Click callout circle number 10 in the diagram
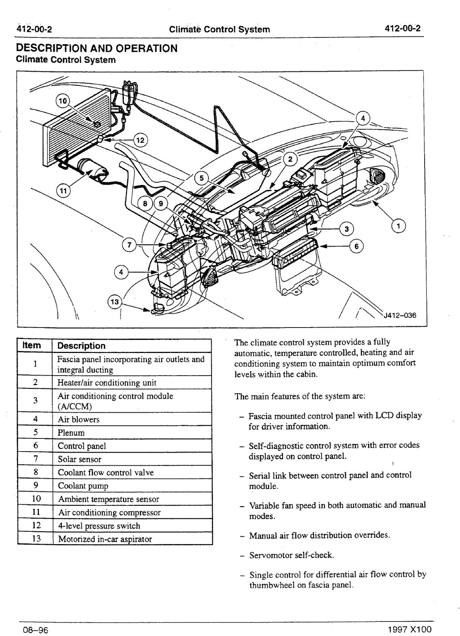coord(62,101)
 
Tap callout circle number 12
coord(140,140)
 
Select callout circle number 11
coord(63,191)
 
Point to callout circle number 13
coord(114,302)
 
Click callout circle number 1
coord(398,226)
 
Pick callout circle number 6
coord(356,246)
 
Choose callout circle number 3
coord(347,229)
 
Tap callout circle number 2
coord(290,159)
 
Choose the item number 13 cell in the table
coord(36,539)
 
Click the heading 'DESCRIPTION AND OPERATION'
coord(96,48)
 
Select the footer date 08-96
coord(32,630)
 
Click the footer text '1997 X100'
coord(410,630)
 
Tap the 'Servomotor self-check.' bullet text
coord(291,555)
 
